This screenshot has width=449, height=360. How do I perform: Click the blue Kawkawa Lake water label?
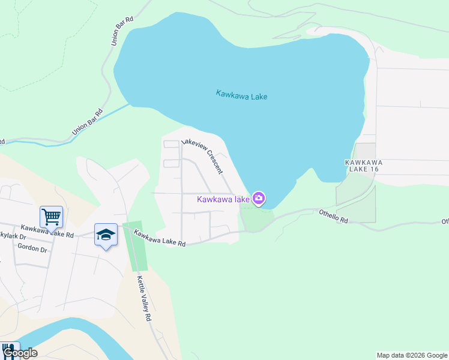[x=241, y=95]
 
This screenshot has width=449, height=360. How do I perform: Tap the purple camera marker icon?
[x=259, y=198]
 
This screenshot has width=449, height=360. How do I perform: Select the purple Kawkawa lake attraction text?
[x=223, y=199]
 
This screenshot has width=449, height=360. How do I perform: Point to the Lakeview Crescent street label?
[x=203, y=157]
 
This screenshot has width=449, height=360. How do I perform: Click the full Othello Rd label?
[x=333, y=216]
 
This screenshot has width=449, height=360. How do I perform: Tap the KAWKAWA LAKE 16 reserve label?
[x=363, y=166]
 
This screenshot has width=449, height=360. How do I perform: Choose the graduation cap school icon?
[x=106, y=235]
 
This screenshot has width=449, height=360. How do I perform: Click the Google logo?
[x=20, y=353]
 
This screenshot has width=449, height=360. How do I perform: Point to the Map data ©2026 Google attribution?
[x=412, y=355]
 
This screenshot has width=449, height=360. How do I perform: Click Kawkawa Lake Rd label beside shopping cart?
[x=46, y=231]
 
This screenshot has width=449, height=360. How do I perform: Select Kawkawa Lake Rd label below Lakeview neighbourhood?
[x=160, y=238]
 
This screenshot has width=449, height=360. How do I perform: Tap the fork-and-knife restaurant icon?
[x=8, y=349]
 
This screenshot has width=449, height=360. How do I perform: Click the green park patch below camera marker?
[x=253, y=217]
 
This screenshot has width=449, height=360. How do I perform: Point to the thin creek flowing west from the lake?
[x=90, y=123]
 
